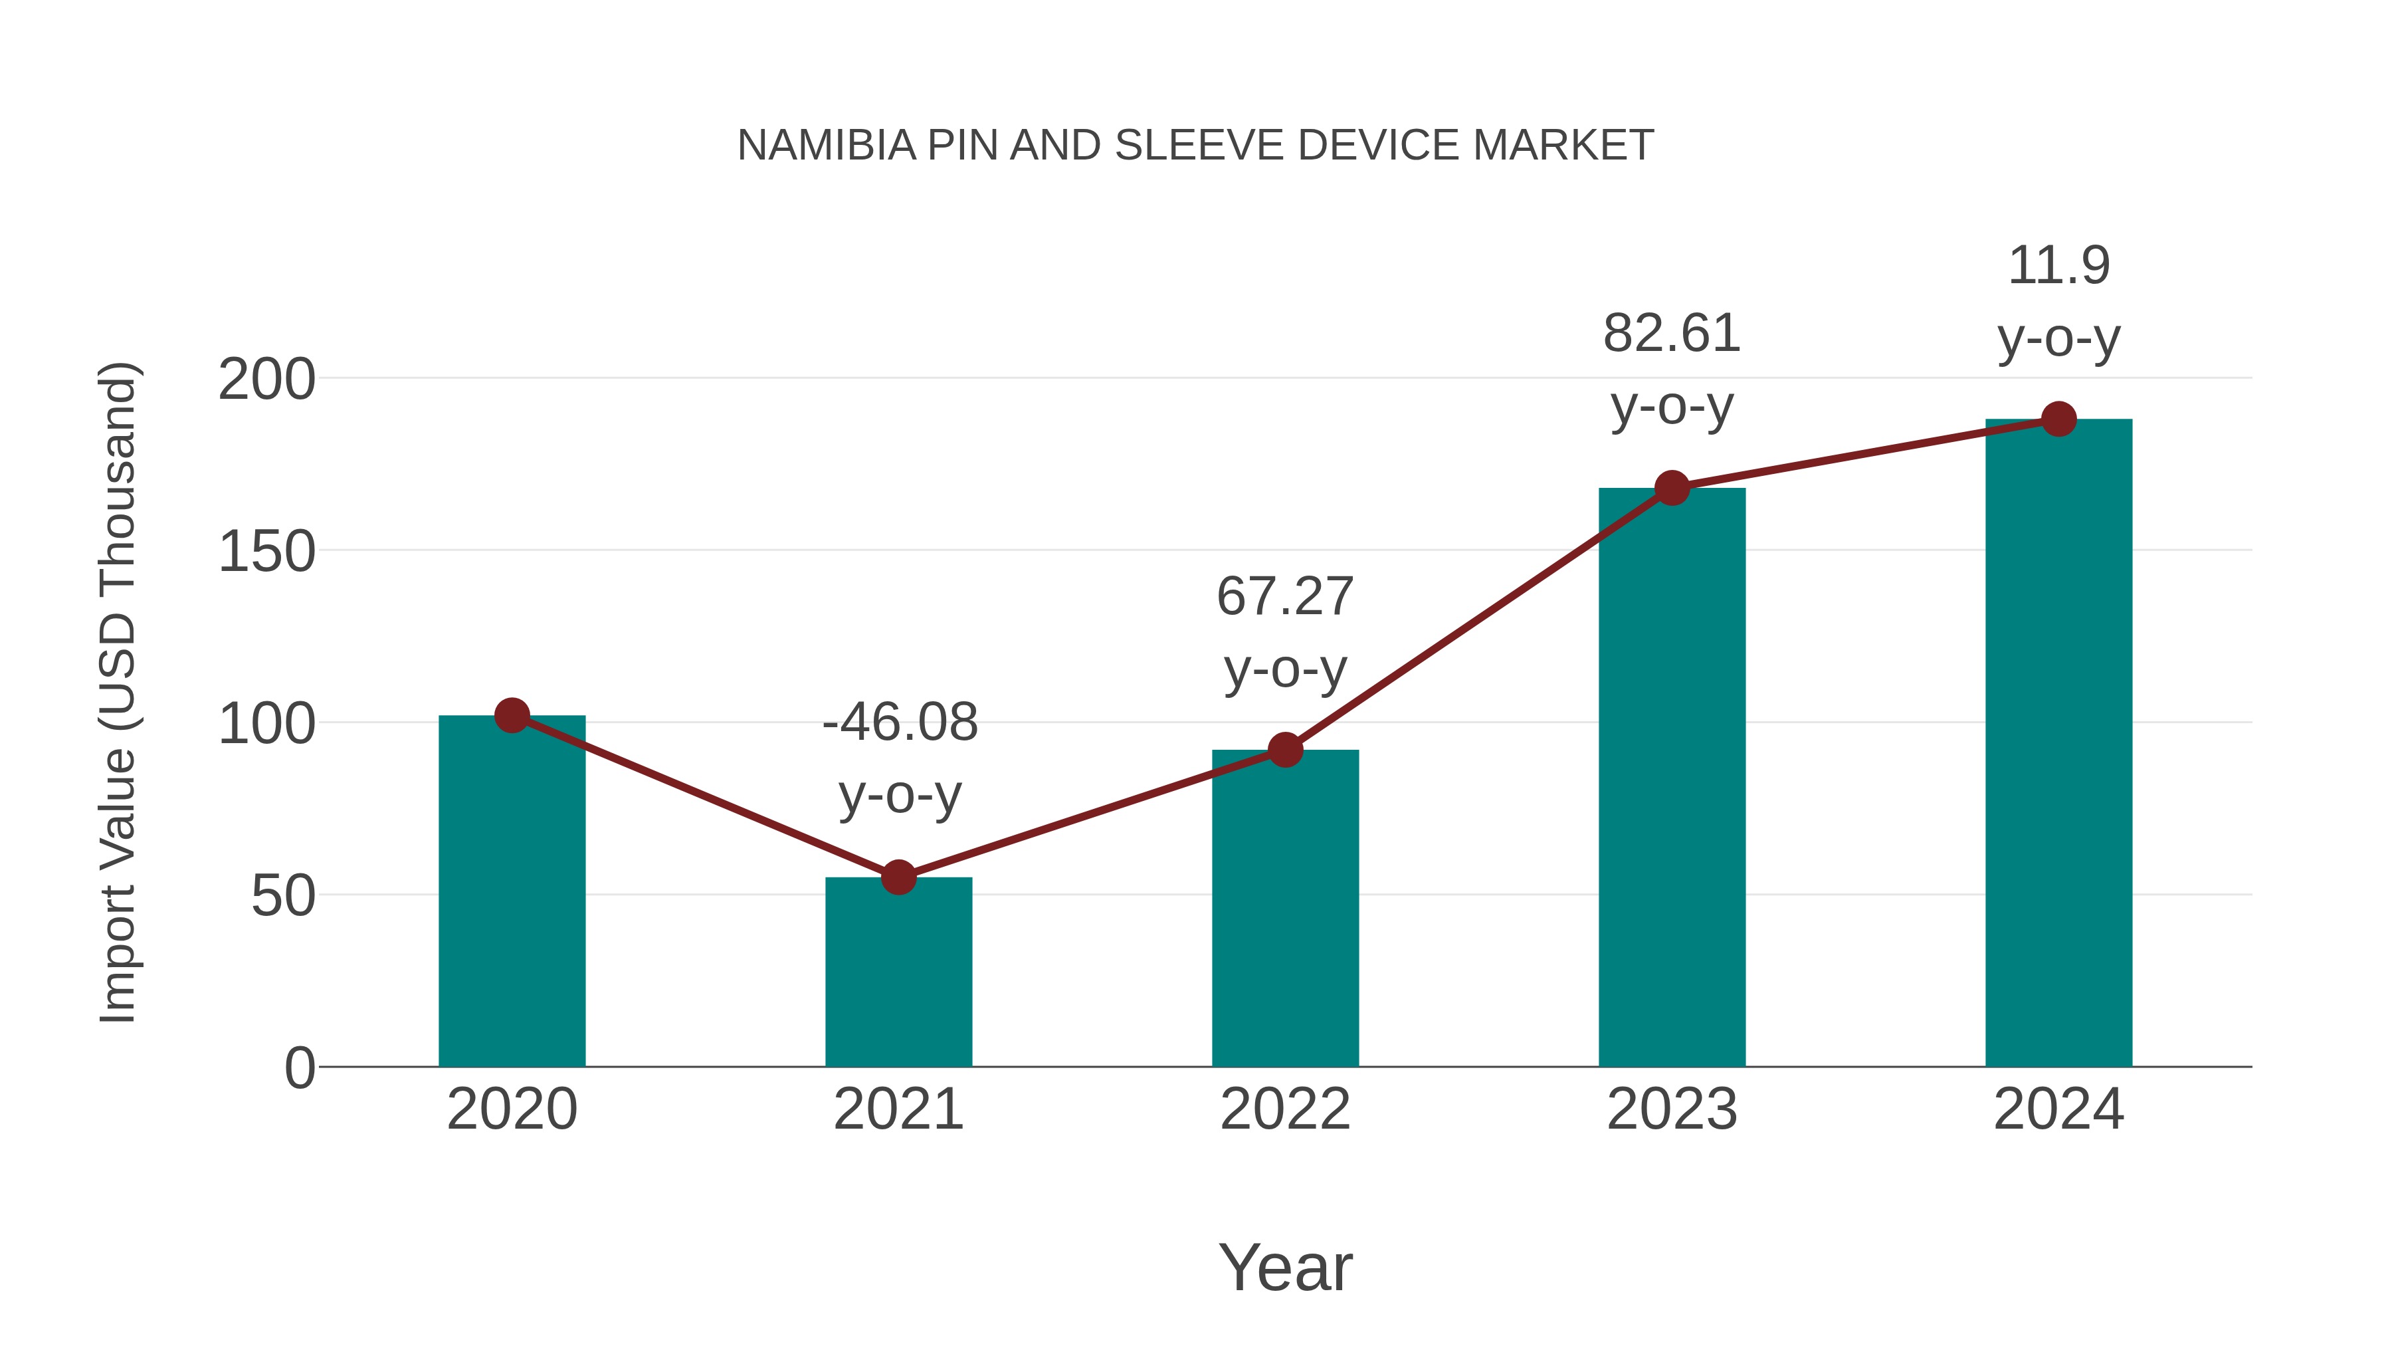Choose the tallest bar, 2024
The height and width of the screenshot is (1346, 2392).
2058,742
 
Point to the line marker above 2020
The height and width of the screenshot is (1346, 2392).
512,715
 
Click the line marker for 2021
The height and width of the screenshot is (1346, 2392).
898,877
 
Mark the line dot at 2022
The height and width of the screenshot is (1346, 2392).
1285,750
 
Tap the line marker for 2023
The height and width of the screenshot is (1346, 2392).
1672,488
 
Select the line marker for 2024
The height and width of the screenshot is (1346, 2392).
2058,419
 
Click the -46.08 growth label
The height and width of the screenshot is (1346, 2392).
900,723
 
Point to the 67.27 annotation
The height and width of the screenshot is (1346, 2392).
1285,596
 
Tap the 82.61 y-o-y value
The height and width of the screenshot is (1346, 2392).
1672,334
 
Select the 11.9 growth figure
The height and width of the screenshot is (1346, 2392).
2058,266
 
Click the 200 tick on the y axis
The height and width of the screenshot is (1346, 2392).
266,380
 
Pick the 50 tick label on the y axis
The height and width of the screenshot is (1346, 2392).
282,897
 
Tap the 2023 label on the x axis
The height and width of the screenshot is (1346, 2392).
1672,1109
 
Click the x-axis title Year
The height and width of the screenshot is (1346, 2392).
1285,1267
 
